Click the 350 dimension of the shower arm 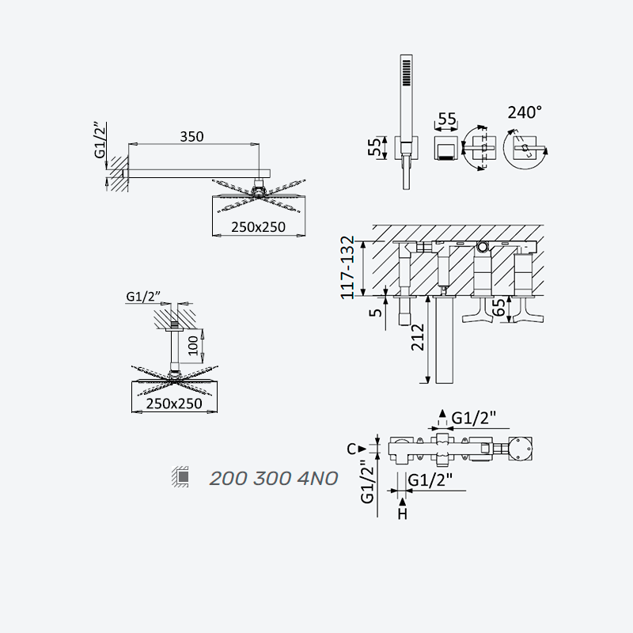tap(191, 137)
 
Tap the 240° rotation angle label tap(525, 112)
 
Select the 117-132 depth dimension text tap(347, 267)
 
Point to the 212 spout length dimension tap(419, 337)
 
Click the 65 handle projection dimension tap(499, 309)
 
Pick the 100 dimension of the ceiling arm tap(194, 346)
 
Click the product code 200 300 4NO tap(274, 479)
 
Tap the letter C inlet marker tap(351, 449)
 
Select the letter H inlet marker tap(403, 514)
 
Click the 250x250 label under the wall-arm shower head tap(259, 227)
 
